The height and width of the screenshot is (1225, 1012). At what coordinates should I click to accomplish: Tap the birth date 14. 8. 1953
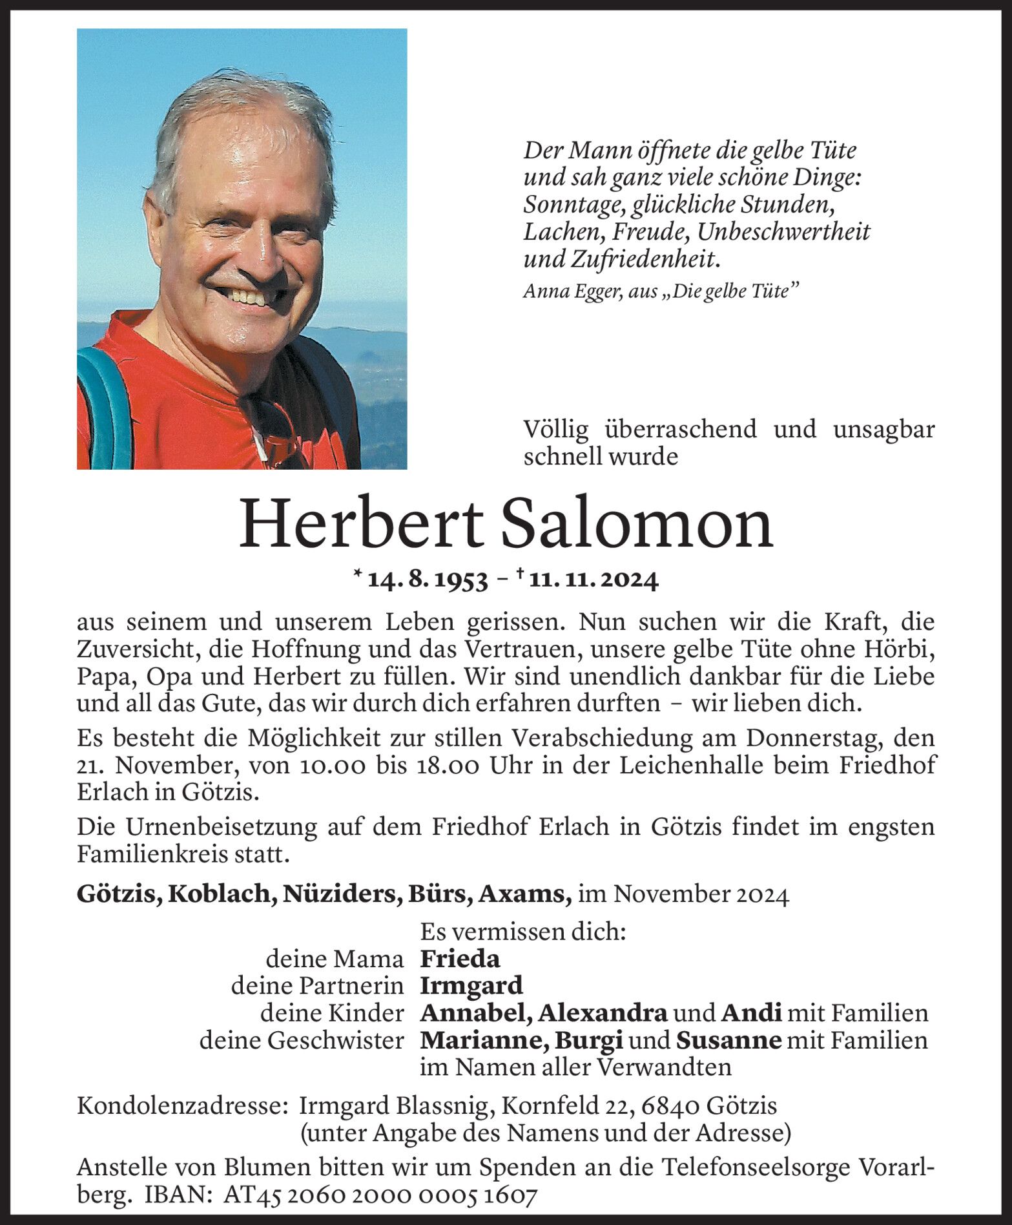[x=427, y=580]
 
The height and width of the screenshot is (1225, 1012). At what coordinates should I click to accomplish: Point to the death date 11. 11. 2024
[x=593, y=580]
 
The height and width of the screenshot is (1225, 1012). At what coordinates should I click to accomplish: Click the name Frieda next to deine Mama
[x=460, y=959]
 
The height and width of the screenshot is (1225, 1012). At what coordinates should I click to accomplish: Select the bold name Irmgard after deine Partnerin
[x=471, y=986]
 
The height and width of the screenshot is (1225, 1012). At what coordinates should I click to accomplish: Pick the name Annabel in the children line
[x=475, y=1013]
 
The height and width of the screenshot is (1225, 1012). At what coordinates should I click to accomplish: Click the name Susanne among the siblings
[x=728, y=1040]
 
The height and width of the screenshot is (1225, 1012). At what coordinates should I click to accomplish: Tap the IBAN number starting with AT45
[x=380, y=1197]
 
